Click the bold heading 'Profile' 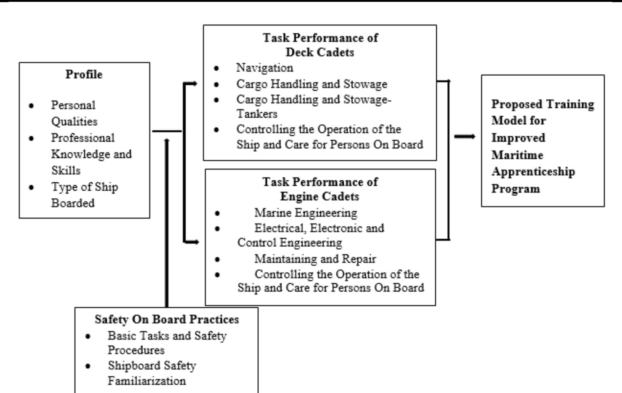tap(84, 74)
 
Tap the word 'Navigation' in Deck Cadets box tap(265, 68)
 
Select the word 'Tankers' tap(257, 114)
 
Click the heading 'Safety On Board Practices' tap(167, 319)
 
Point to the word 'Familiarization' tap(147, 381)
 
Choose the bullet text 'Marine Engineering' tap(306, 213)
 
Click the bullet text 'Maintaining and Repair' tap(315, 259)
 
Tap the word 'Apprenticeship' tap(533, 172)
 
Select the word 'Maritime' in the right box tap(517, 155)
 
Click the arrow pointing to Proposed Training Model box tap(465, 137)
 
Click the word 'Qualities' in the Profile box tap(74, 122)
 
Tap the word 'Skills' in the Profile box tap(66, 170)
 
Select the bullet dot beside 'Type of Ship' tap(31, 187)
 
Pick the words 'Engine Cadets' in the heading tap(319, 196)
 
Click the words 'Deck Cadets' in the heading tap(320, 53)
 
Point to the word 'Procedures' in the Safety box tap(136, 350)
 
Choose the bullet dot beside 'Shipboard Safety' tap(88, 366)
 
